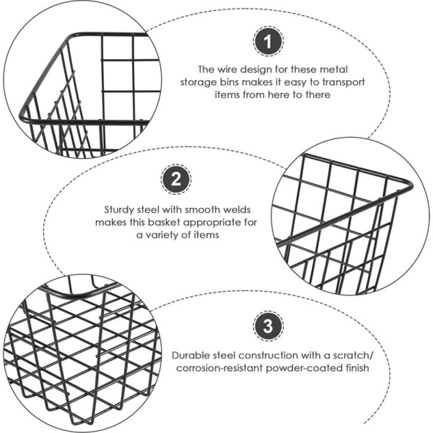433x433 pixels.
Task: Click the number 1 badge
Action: (x=268, y=42)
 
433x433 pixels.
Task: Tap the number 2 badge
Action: (x=176, y=180)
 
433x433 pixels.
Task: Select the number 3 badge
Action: (x=268, y=326)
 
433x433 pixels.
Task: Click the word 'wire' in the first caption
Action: (x=227, y=69)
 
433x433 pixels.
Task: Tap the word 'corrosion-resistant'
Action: (x=220, y=368)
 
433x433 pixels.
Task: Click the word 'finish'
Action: (x=357, y=368)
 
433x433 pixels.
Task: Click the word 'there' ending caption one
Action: (x=318, y=95)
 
